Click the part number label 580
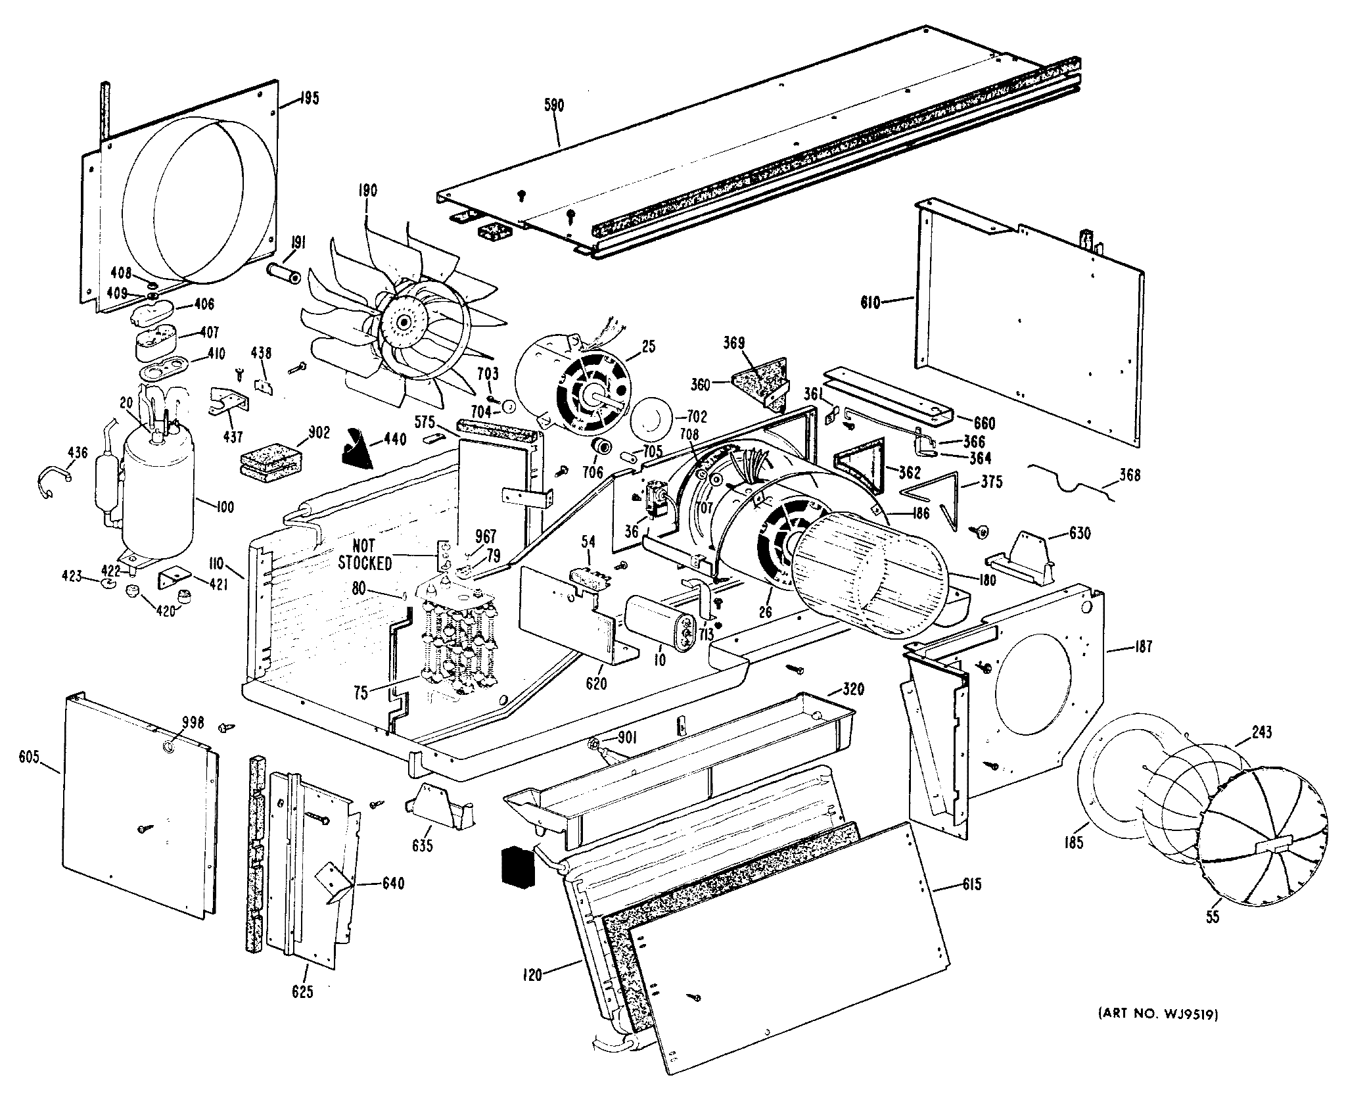[x=554, y=105]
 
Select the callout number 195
[x=309, y=99]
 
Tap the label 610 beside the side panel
[x=871, y=303]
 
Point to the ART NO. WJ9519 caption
[x=1158, y=1033]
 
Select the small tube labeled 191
[x=283, y=272]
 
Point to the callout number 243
[x=1261, y=732]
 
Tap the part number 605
[x=30, y=757]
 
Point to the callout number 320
[x=852, y=689]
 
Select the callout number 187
[x=1143, y=646]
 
